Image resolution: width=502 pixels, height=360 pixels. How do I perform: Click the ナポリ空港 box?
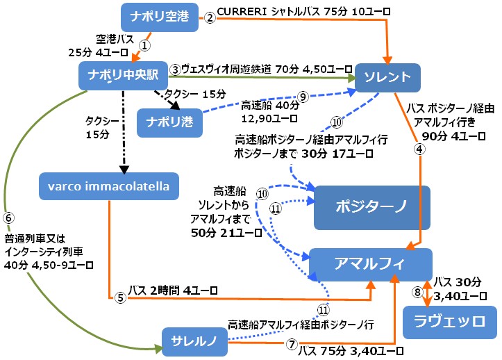159,17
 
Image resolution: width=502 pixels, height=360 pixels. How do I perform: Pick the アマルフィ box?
370,264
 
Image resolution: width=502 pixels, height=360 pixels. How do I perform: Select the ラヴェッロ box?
450,322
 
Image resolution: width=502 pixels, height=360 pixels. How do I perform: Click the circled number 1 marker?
144,44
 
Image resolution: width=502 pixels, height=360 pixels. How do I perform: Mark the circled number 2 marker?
210,18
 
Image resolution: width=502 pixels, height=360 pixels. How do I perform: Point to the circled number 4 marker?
418,148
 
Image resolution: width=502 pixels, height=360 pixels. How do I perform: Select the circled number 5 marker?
120,298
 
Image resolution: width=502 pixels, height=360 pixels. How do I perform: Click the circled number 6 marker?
8,216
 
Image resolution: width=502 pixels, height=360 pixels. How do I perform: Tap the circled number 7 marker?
291,345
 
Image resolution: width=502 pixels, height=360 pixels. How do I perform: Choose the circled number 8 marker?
417,293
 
